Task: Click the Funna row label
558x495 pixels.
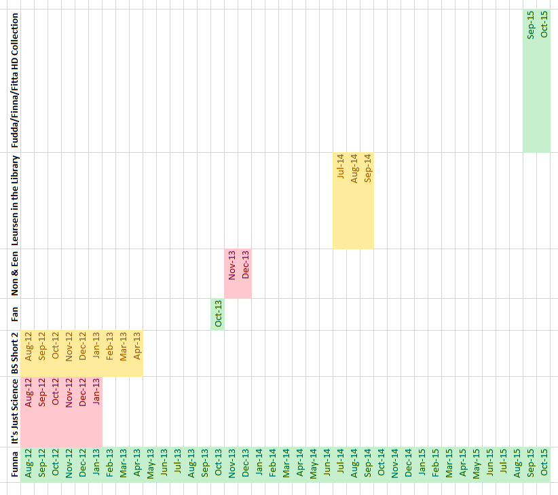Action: tap(14, 464)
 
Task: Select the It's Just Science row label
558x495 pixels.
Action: tap(14, 411)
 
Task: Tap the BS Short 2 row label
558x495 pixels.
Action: tap(14, 353)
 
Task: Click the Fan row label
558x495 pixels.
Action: tap(14, 314)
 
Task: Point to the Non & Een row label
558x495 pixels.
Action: tap(14, 273)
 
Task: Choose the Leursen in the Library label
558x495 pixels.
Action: tap(14, 200)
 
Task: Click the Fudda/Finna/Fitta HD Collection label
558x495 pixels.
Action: tap(14, 80)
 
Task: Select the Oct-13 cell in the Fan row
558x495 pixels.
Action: tap(218, 314)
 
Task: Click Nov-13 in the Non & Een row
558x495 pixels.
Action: tap(231, 265)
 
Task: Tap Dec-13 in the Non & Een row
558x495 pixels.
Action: tap(245, 265)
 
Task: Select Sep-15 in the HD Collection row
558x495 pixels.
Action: tap(530, 24)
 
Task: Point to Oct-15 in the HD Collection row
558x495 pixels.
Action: tap(544, 24)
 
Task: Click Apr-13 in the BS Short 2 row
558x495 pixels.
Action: tap(136, 345)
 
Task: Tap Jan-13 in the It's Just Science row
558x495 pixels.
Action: tap(96, 392)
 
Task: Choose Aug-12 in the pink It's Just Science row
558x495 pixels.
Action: tap(28, 392)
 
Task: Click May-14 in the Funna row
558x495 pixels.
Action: tap(313, 464)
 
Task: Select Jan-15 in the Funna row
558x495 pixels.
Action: tap(422, 464)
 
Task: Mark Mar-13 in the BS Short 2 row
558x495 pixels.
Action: tap(123, 345)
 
